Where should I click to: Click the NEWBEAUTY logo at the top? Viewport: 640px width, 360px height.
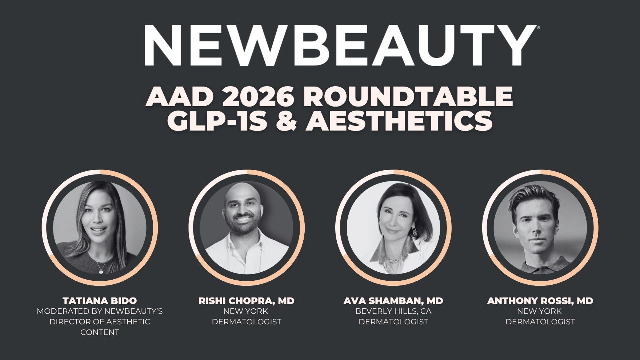(338, 45)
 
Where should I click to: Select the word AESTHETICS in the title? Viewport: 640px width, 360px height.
(399, 121)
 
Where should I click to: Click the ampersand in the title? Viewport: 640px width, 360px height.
(287, 121)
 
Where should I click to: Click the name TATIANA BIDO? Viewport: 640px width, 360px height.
(100, 301)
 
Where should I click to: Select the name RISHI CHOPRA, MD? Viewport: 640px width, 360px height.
(247, 301)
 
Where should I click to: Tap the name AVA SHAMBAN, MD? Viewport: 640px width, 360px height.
(393, 301)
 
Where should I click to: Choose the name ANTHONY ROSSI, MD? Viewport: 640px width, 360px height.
(540, 301)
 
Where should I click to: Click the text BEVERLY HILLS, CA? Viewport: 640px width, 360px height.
(393, 311)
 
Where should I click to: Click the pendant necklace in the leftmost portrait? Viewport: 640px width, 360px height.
(101, 271)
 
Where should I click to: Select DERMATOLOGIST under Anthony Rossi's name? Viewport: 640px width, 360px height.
(540, 322)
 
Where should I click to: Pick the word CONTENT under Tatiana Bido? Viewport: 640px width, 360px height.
(100, 332)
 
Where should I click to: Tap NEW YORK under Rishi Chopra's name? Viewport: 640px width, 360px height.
(246, 311)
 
